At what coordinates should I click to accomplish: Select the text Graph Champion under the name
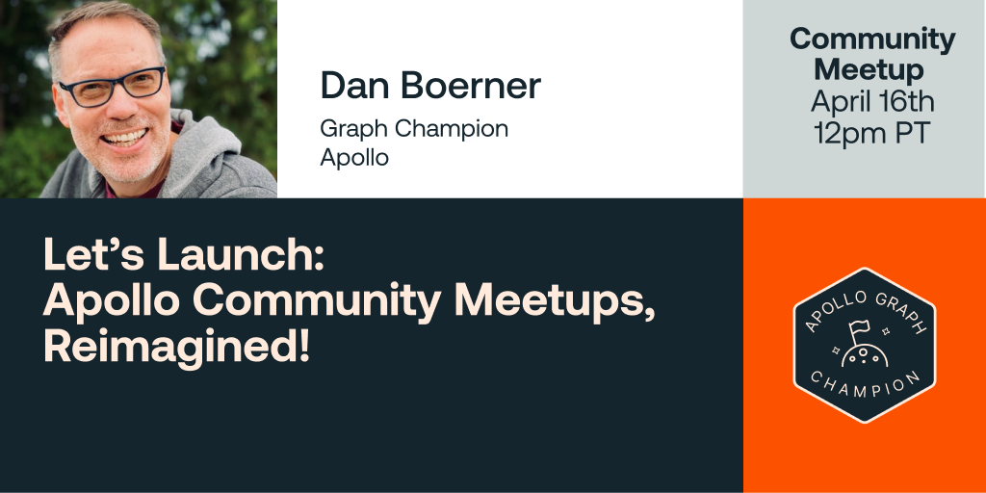tap(414, 128)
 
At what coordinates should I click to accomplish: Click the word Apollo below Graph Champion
tap(354, 157)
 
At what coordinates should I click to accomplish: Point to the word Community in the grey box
tap(872, 39)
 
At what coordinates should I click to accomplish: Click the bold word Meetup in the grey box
tap(869, 69)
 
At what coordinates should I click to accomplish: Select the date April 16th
tap(872, 101)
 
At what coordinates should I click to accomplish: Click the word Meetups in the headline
tap(553, 301)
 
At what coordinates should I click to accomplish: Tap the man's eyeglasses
tap(112, 88)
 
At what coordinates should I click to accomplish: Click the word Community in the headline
tap(318, 301)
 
